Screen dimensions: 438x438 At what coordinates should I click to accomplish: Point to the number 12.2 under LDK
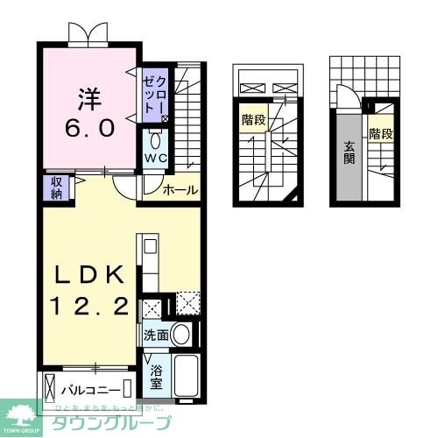tap(88, 306)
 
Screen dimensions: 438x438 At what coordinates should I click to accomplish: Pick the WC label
tap(155, 159)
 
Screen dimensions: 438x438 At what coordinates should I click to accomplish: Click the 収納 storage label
tap(54, 187)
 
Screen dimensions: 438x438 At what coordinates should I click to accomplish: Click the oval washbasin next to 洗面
tap(181, 333)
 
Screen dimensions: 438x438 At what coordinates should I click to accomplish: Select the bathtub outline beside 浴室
tap(187, 375)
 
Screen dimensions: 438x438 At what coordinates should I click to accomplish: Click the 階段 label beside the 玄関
tap(380, 134)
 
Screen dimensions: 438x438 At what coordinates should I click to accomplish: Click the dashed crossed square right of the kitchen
tap(188, 302)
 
